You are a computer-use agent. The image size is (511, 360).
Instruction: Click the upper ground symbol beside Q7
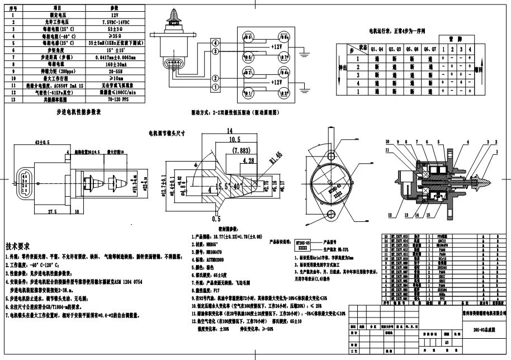(x=302, y=54)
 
